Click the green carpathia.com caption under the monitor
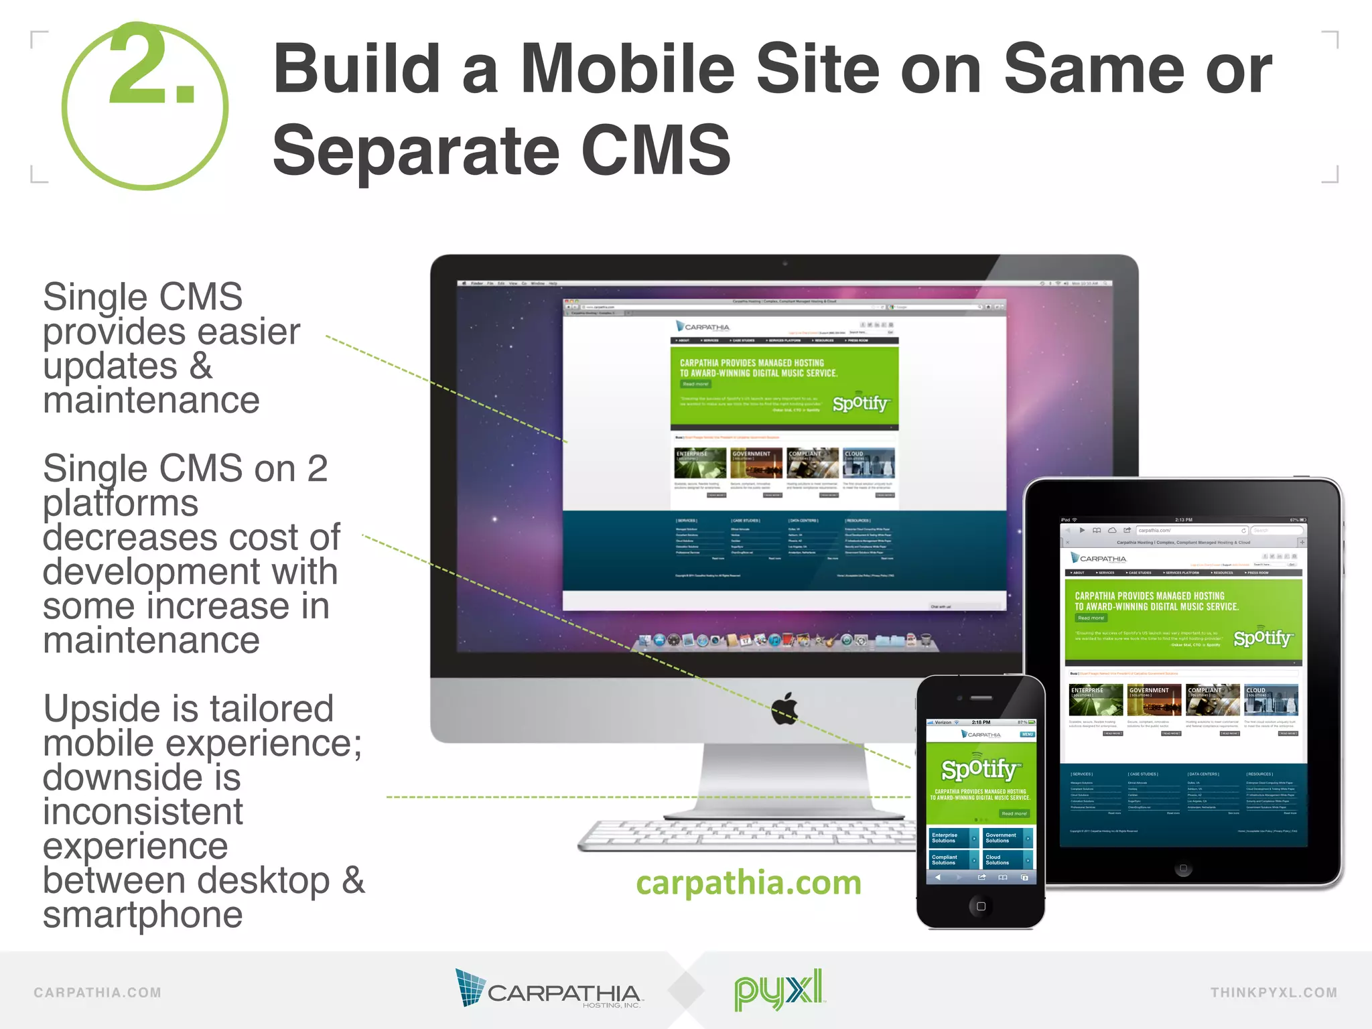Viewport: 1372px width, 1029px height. coord(748,882)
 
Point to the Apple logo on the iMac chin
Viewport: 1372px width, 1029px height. coord(784,708)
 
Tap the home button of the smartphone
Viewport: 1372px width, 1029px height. coord(981,906)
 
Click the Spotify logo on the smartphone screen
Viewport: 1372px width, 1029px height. coord(981,769)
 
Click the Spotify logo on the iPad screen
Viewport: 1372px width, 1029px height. coord(1262,638)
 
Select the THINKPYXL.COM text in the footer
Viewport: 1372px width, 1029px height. coord(1273,993)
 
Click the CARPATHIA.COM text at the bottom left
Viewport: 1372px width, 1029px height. coord(98,993)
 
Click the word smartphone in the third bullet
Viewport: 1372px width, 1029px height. coord(143,915)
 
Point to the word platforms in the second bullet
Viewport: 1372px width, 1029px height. coord(121,503)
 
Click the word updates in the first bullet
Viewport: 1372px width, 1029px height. coord(110,366)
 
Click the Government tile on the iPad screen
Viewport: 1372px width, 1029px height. coord(1154,699)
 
